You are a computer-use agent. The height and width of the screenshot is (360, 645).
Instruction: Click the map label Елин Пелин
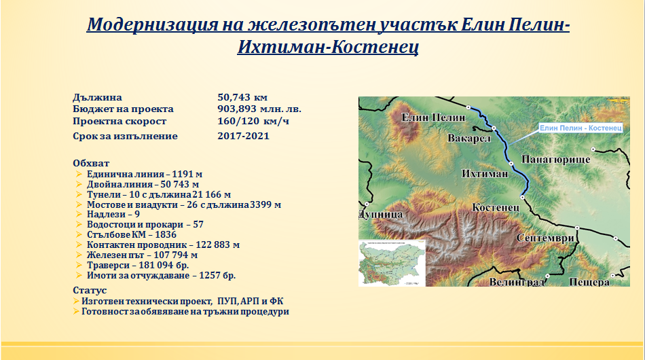pyautogui.click(x=434, y=118)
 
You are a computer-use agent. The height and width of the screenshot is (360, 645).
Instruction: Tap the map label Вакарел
pyautogui.click(x=469, y=139)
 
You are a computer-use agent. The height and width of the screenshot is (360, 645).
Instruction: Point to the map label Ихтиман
pyautogui.click(x=485, y=174)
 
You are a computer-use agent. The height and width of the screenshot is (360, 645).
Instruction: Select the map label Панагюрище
pyautogui.click(x=556, y=160)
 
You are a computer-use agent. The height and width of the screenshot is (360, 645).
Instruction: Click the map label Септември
pyautogui.click(x=545, y=238)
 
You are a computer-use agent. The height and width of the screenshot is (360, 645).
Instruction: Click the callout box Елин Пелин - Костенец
pyautogui.click(x=580, y=128)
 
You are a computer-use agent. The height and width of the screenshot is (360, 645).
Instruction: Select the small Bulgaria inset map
pyautogui.click(x=392, y=263)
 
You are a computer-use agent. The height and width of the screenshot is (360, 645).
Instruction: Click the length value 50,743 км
pyautogui.click(x=242, y=98)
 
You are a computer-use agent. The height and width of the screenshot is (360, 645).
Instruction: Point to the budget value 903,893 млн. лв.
pyautogui.click(x=259, y=109)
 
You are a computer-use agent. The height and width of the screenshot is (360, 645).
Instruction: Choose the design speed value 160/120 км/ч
pyautogui.click(x=253, y=122)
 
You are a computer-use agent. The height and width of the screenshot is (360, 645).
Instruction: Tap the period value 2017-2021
pyautogui.click(x=243, y=136)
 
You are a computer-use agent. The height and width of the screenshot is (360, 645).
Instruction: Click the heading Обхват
pyautogui.click(x=91, y=163)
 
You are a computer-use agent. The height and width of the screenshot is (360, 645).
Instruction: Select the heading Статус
pyautogui.click(x=90, y=291)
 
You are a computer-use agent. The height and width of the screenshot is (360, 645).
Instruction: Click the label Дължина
pyautogui.click(x=97, y=98)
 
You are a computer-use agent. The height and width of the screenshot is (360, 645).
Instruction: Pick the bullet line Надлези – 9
pyautogui.click(x=113, y=215)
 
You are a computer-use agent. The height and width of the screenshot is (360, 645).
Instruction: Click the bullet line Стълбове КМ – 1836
pyautogui.click(x=131, y=234)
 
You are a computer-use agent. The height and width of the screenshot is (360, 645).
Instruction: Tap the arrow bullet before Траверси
pyautogui.click(x=79, y=266)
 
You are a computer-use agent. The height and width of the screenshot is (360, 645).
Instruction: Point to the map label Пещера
pyautogui.click(x=589, y=282)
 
